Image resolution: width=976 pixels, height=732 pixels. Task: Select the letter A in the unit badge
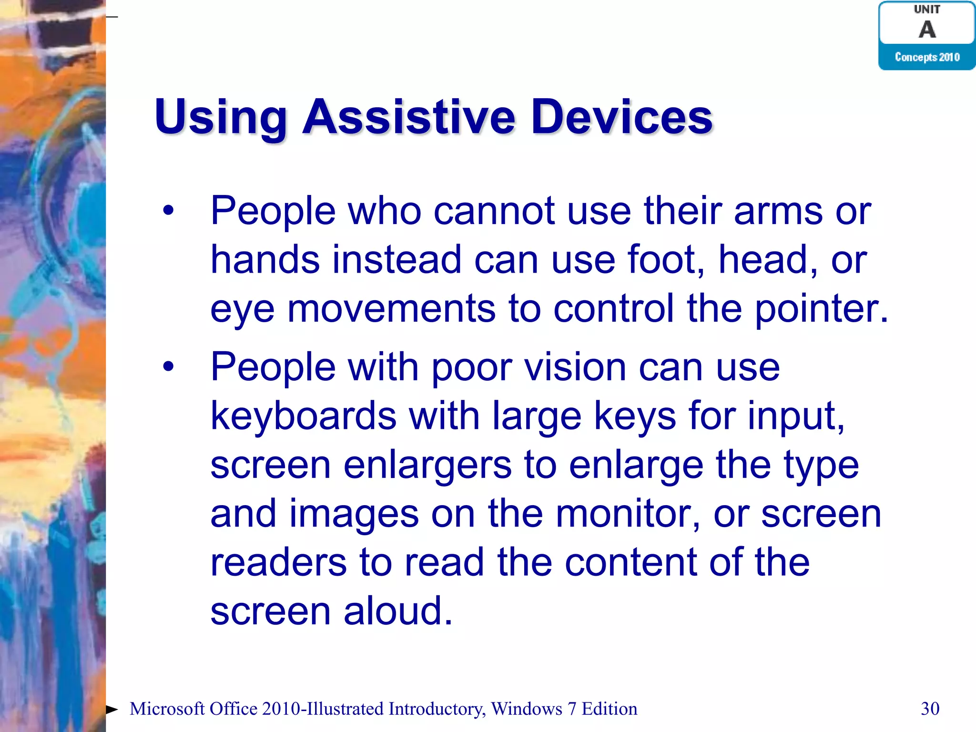[x=927, y=30]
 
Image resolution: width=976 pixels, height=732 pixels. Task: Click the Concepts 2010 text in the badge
[x=927, y=57]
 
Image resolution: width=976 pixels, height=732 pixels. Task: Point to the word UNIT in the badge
[x=927, y=9]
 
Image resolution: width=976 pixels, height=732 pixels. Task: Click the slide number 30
[x=930, y=709]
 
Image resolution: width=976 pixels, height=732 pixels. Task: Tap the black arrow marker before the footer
[x=112, y=710]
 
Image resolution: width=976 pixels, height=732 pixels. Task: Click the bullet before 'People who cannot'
[x=168, y=210]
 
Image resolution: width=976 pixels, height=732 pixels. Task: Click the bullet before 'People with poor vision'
[x=168, y=366]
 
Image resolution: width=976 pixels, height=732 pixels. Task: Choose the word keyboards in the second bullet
[x=303, y=416]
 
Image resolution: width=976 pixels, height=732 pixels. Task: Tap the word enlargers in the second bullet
[x=427, y=466]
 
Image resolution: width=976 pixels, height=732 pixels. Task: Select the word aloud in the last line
[x=397, y=611]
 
